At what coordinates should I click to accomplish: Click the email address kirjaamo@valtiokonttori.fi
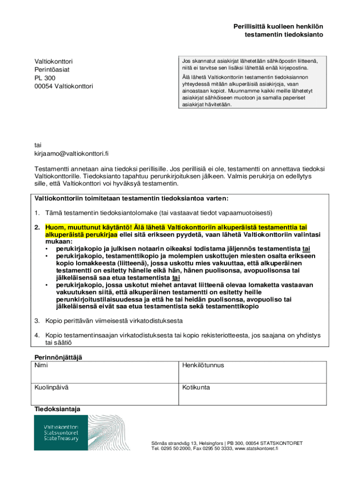(72, 153)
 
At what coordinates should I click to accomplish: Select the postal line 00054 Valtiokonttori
(64, 87)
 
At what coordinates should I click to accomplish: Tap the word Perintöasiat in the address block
(52, 70)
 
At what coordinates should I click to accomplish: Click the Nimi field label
(41, 365)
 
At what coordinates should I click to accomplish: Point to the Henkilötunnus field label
(203, 365)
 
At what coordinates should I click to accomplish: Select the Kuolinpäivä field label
(51, 388)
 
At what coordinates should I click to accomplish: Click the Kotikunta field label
(196, 388)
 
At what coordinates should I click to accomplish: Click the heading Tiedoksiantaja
(57, 409)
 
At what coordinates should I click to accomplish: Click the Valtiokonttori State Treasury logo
(60, 433)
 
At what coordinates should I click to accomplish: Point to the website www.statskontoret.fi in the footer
(256, 448)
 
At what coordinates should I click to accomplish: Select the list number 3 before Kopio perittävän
(36, 321)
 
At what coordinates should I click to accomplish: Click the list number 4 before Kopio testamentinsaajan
(36, 335)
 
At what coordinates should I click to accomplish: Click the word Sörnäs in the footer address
(159, 443)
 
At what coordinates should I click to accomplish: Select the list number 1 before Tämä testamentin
(36, 213)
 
